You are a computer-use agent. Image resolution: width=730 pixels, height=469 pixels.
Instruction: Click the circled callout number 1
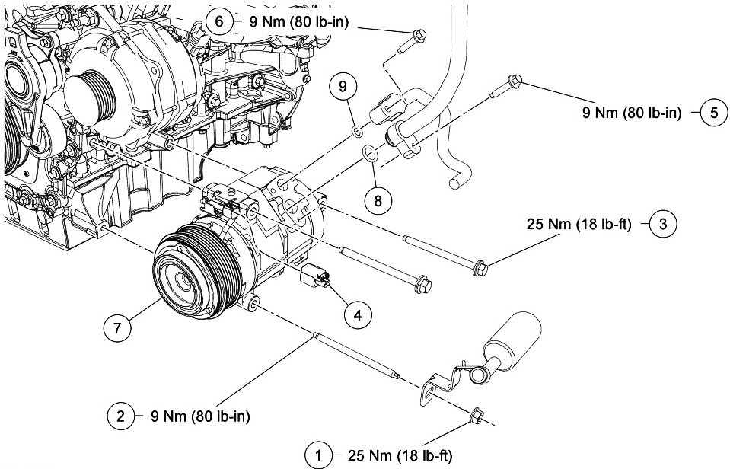318,455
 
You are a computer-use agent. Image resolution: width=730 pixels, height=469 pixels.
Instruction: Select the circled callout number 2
120,415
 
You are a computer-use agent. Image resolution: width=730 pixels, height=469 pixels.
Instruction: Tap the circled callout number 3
663,224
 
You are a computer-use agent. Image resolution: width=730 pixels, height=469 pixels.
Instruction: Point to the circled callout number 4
358,316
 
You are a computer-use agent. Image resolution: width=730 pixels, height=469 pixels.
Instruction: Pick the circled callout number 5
714,113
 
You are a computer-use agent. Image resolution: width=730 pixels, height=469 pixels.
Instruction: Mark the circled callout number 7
117,328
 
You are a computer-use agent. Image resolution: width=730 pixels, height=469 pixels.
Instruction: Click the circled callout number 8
378,201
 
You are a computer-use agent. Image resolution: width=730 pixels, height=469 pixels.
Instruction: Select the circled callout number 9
343,86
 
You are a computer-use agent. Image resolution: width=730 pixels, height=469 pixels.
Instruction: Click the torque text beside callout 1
400,455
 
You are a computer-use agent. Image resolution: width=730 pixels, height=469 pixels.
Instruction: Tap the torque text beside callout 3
579,225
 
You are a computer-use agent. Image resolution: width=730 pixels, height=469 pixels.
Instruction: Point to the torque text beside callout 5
632,113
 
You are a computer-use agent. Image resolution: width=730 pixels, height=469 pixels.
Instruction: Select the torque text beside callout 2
200,416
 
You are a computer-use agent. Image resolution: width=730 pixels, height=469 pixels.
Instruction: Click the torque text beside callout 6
299,22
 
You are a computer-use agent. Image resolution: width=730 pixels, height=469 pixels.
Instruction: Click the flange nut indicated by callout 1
477,415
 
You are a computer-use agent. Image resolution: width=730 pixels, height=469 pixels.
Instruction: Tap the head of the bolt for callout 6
419,35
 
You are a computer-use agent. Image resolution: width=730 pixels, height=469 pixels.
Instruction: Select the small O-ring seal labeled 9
357,132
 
